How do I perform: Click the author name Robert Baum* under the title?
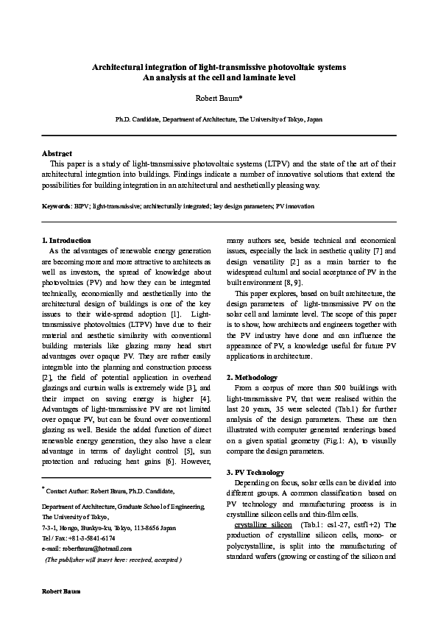tap(219, 96)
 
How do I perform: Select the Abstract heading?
tap(57, 153)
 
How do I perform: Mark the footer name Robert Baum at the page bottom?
tap(60, 592)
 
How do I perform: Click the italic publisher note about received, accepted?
tap(113, 560)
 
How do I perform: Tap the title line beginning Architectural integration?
tap(219, 67)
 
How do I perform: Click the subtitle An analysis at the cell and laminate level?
tap(219, 77)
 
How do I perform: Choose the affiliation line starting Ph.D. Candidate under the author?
tap(219, 119)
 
